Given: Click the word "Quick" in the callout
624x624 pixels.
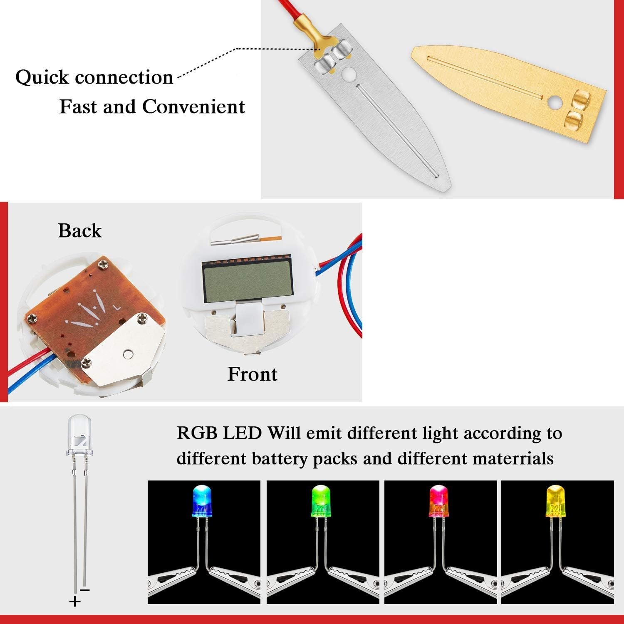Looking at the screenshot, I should click(42, 78).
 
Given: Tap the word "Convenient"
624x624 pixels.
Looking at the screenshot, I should click(193, 107).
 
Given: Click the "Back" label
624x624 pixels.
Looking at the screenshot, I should click(79, 231).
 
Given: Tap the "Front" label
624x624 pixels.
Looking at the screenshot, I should click(252, 374).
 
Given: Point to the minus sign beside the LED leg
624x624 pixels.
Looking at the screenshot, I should click(85, 590).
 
